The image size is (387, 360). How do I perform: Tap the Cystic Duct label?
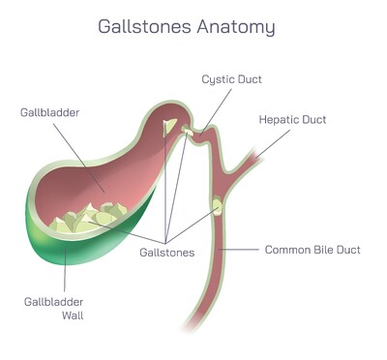pos(232,78)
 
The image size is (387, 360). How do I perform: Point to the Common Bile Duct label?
pos(313,250)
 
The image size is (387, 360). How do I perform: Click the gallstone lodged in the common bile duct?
pos(217,206)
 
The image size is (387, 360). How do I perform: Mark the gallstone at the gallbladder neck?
pos(170,128)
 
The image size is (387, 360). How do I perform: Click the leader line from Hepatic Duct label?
pos(273,139)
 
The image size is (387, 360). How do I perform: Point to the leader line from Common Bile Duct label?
pos(243,250)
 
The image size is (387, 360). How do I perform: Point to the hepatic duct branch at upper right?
pos(253,155)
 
